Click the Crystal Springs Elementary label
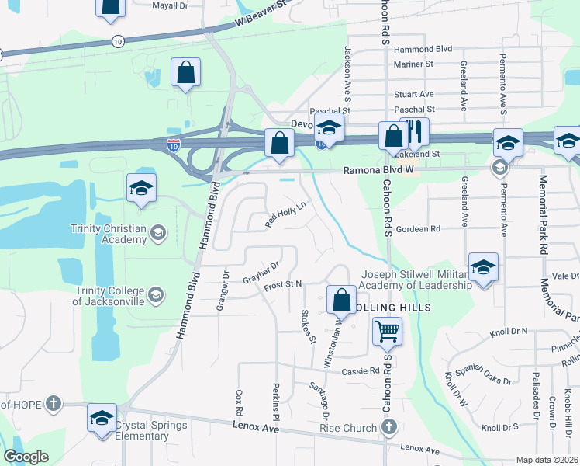(x=151, y=430)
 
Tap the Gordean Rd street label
(x=418, y=229)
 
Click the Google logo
(x=26, y=457)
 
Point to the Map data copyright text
(x=547, y=460)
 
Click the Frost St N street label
(x=282, y=285)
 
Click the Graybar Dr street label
(x=261, y=273)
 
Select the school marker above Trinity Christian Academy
(x=142, y=188)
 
